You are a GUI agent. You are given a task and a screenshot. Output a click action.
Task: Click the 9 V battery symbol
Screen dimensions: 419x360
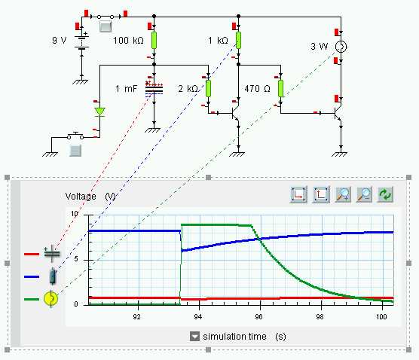coord(82,42)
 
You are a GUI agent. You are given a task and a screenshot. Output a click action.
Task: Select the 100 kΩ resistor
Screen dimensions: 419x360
coord(154,40)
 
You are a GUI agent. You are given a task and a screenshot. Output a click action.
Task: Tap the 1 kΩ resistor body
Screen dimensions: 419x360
coord(238,40)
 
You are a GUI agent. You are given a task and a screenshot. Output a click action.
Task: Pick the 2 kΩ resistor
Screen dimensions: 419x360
coord(208,88)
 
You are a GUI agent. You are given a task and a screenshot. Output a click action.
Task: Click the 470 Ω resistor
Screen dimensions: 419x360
coord(280,88)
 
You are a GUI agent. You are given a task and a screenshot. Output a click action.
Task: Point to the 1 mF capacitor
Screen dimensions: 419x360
coord(154,88)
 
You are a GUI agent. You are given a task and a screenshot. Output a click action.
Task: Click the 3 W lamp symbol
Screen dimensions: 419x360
coord(341,47)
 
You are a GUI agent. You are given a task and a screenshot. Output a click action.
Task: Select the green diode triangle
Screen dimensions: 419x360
coord(100,111)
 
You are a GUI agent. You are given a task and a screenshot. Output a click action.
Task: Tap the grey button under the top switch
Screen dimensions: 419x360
coord(106,26)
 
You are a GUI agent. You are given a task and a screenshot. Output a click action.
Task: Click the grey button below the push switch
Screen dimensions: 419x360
coord(75,151)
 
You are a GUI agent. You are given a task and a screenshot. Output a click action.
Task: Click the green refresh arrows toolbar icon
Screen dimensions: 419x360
coord(385,194)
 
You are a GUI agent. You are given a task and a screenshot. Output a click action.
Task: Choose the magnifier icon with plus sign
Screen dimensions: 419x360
coord(343,194)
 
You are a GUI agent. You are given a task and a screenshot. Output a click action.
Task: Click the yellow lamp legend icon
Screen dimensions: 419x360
coord(50,298)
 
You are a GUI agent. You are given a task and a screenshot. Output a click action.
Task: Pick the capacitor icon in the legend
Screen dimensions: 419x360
coord(52,253)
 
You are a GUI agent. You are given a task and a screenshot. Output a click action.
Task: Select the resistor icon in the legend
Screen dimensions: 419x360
coord(53,276)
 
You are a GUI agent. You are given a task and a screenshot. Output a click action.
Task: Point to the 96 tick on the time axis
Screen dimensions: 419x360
coord(259,317)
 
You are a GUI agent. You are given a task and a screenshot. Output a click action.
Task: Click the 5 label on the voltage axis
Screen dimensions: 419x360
coord(76,259)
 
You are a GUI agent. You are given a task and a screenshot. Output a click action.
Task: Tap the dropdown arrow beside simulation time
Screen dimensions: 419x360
coord(194,336)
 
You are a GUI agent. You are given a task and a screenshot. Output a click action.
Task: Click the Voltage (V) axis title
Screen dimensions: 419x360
coord(90,197)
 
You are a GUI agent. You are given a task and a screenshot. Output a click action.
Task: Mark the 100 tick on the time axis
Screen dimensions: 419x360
coord(381,317)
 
